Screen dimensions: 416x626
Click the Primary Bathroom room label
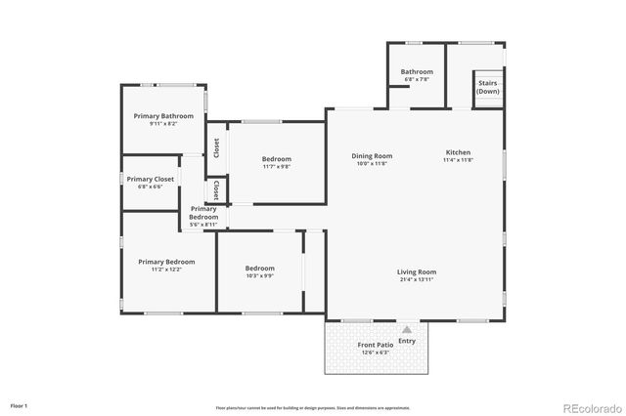point(163,116)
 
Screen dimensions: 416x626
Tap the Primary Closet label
point(150,179)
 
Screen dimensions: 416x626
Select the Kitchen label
point(458,153)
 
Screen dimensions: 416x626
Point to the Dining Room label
point(372,156)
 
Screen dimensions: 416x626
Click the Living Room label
point(416,271)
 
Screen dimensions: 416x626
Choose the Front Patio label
point(374,346)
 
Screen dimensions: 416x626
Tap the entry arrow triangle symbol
point(407,330)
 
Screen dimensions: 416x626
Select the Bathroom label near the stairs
point(416,71)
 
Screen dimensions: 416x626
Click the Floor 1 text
point(20,405)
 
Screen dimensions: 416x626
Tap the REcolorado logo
point(590,406)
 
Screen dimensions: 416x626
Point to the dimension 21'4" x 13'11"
point(416,280)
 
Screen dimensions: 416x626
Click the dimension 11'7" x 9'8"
point(277,167)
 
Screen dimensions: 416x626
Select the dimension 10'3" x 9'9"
point(259,276)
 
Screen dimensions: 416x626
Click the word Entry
point(407,341)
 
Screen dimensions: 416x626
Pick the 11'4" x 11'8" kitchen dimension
point(458,161)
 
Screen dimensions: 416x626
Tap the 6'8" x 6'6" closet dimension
point(150,187)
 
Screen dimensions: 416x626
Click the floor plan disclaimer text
point(313,408)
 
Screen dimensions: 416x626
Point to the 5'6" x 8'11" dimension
point(203,225)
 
